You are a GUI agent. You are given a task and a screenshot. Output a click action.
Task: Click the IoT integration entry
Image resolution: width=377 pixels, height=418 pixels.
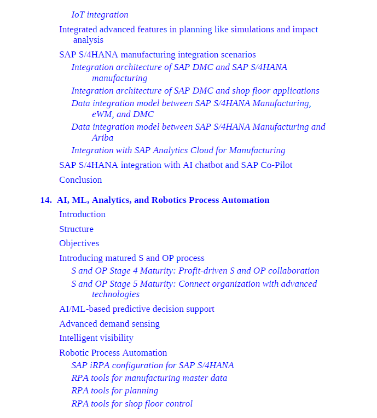[x=100, y=15]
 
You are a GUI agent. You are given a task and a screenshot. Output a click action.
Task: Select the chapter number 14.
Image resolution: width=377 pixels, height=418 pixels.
[x=45, y=200]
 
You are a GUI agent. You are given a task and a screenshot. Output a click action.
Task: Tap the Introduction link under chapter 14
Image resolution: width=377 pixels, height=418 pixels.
[x=82, y=214]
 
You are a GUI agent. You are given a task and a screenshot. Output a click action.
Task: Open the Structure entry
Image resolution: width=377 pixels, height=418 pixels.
[x=76, y=229]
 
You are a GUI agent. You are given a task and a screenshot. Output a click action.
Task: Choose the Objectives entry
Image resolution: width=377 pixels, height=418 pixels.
[x=79, y=243]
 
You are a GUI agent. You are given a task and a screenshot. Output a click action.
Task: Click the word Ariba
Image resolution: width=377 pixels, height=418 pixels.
[x=103, y=138]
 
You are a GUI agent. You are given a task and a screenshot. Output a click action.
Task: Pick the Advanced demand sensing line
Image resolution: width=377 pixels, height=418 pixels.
[x=109, y=324]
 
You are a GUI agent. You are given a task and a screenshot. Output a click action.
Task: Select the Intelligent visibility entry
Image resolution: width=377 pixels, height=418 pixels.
[x=96, y=338]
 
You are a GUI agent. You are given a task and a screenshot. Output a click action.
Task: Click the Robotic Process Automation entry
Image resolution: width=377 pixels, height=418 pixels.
[x=113, y=353]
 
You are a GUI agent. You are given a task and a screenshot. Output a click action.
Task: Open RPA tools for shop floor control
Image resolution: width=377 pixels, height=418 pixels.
[x=132, y=404]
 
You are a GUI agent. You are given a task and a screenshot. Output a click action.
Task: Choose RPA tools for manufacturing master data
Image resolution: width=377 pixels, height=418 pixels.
[x=149, y=378]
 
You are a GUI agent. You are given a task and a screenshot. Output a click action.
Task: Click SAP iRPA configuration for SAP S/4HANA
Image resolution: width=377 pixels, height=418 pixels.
[x=152, y=365]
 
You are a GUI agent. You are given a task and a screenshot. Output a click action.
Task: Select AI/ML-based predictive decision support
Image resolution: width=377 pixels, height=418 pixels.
[x=137, y=309]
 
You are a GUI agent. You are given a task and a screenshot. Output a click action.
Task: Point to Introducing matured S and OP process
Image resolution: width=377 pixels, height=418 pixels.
[x=132, y=258]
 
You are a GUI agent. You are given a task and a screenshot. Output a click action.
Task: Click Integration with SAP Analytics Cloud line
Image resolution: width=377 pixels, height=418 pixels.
[x=178, y=150]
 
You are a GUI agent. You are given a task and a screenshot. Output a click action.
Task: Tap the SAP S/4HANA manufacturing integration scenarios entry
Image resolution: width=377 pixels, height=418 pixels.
[x=158, y=55]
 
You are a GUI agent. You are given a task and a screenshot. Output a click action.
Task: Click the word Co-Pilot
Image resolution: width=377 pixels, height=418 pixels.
[x=276, y=165]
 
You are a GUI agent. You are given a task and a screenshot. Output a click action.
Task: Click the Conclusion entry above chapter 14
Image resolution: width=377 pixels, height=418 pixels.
[x=80, y=180]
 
